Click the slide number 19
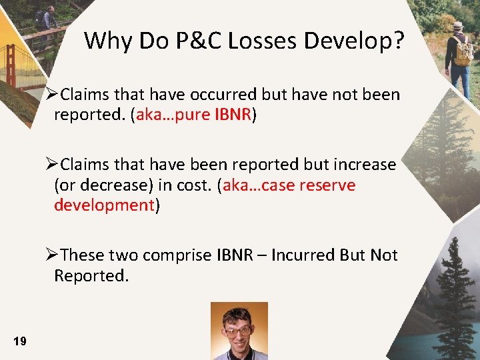pyautogui.click(x=20, y=341)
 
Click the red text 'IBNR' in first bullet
pyautogui.click(x=233, y=115)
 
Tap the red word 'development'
pyautogui.click(x=104, y=205)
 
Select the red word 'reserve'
pyautogui.click(x=328, y=185)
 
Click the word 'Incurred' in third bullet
pyautogui.click(x=304, y=255)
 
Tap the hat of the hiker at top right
pyautogui.click(x=457, y=25)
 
